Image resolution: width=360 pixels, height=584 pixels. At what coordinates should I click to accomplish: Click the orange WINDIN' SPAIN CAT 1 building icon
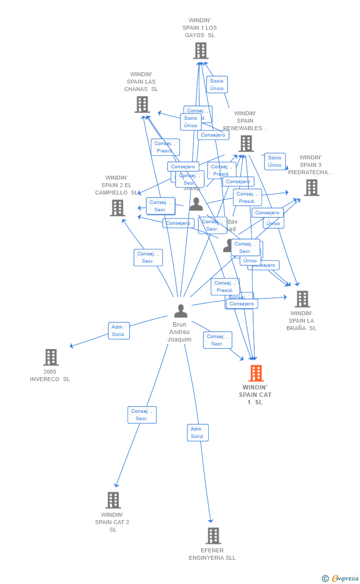click(x=256, y=373)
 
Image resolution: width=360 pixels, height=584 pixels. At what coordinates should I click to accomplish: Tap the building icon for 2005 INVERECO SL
click(x=51, y=357)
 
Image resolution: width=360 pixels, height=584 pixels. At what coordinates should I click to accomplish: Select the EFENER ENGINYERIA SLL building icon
click(x=213, y=535)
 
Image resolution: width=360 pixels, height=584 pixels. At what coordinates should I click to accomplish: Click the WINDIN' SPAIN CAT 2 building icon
click(x=113, y=500)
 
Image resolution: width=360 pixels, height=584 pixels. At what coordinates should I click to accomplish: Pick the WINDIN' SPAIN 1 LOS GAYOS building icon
click(x=200, y=50)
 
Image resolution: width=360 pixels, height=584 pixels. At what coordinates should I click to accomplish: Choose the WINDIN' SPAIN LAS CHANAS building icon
click(x=142, y=104)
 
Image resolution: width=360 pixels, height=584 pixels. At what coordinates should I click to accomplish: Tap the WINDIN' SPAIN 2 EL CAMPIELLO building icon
click(x=117, y=208)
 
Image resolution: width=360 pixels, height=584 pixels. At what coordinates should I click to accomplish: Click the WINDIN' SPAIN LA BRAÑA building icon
click(x=302, y=299)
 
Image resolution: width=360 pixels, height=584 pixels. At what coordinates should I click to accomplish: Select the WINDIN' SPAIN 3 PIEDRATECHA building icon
click(x=311, y=188)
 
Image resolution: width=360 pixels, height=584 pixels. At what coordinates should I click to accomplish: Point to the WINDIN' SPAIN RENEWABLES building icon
click(x=246, y=144)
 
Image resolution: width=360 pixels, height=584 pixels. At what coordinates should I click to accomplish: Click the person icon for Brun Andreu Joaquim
click(x=180, y=311)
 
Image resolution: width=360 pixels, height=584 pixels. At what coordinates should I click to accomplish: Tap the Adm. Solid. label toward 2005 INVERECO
click(x=119, y=331)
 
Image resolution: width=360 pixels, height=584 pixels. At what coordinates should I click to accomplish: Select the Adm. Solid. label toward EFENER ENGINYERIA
click(x=198, y=433)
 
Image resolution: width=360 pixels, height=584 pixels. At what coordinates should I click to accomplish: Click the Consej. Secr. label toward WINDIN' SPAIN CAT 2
click(x=142, y=415)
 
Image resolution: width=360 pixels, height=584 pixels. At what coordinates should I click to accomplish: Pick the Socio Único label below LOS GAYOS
click(x=217, y=85)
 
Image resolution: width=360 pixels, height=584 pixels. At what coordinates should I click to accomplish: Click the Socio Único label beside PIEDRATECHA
click(x=274, y=161)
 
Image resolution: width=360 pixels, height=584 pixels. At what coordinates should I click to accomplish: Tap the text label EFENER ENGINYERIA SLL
click(x=212, y=554)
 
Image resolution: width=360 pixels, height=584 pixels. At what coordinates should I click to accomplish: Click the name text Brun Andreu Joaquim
click(x=180, y=332)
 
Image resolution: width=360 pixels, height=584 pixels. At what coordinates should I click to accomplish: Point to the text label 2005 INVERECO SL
click(x=50, y=375)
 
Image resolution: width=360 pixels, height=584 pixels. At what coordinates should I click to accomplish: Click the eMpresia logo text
click(x=345, y=578)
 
